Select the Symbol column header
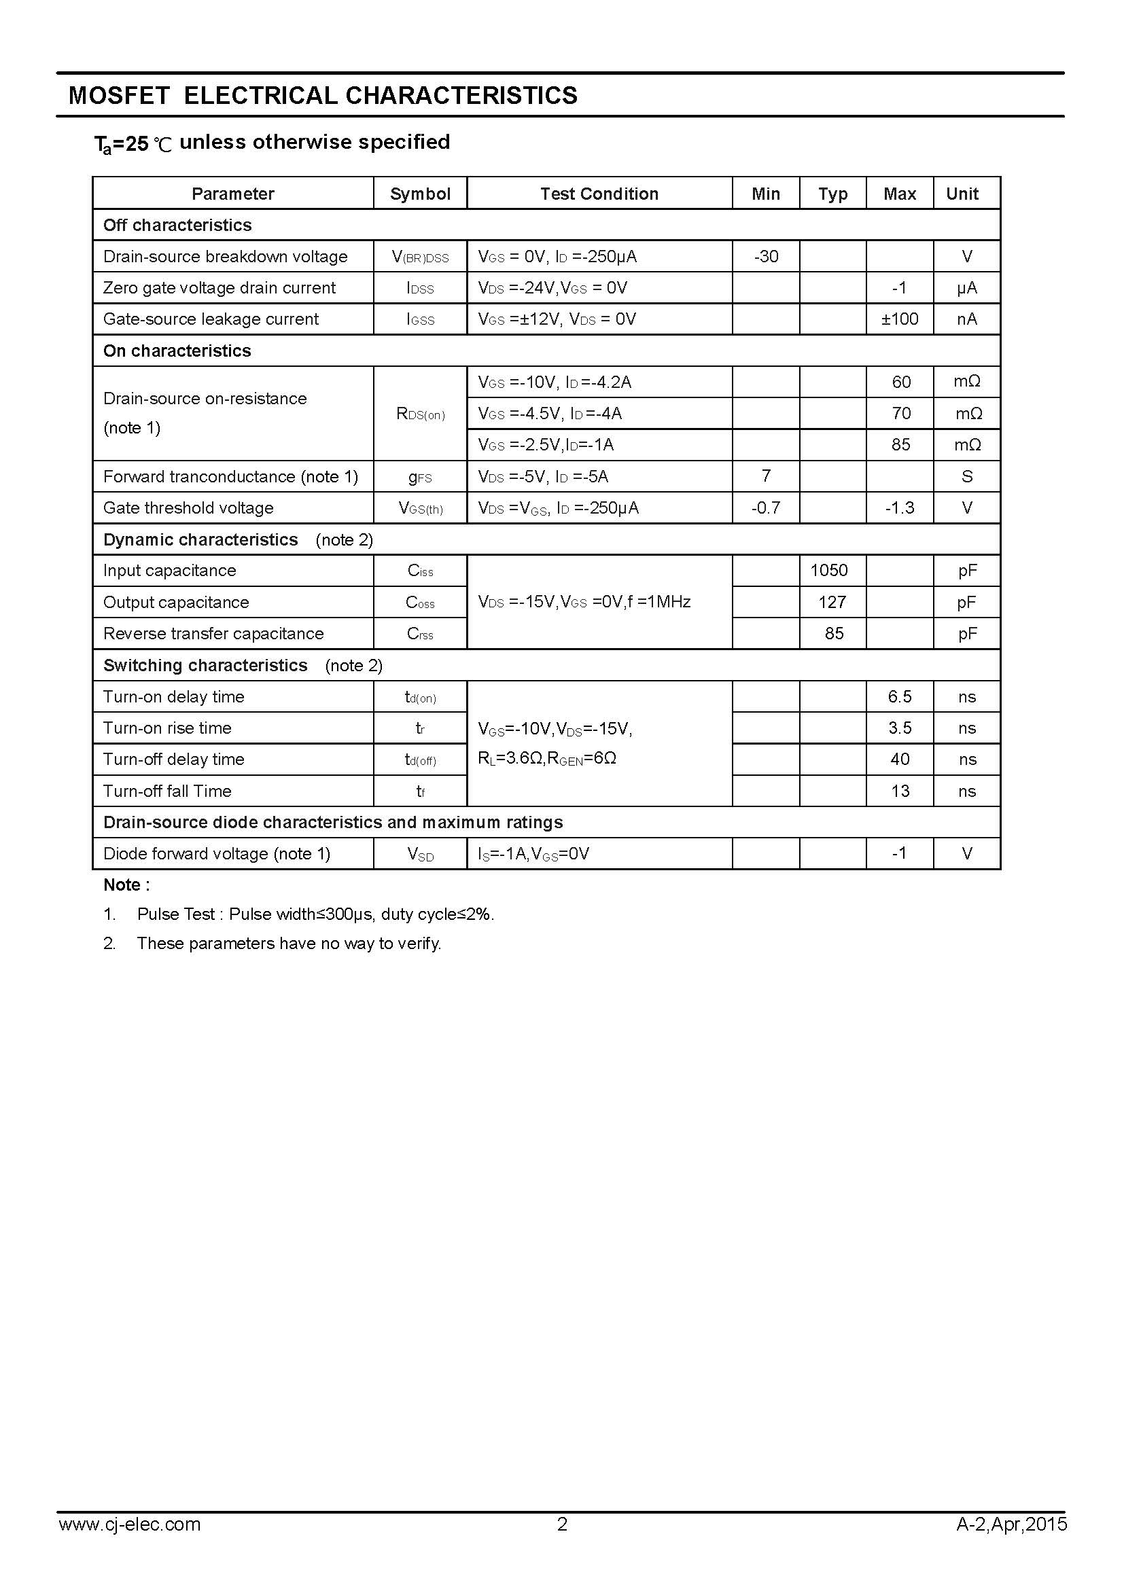click(420, 194)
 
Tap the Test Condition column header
click(599, 194)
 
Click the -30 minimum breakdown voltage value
click(765, 257)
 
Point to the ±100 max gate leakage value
click(900, 319)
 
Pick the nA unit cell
click(967, 319)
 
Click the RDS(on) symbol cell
click(420, 414)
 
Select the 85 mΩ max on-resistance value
click(900, 445)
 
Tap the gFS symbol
click(420, 477)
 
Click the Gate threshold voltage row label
click(188, 508)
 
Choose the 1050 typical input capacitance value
click(829, 570)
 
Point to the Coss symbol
click(420, 603)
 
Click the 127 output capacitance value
click(832, 602)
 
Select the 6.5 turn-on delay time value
click(900, 697)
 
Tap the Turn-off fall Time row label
click(167, 791)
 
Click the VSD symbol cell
click(420, 854)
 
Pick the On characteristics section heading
click(177, 351)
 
